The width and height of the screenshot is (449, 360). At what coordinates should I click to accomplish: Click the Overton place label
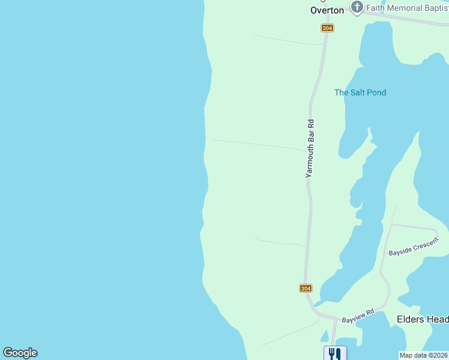tap(327, 10)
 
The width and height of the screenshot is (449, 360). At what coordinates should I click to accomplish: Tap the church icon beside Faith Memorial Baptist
tap(357, 8)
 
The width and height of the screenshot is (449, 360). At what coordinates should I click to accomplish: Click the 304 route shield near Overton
tap(327, 28)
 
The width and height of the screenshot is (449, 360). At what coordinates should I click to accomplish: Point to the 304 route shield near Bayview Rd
tap(306, 289)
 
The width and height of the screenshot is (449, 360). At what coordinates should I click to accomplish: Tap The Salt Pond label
tap(360, 92)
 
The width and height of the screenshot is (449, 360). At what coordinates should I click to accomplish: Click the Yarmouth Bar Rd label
tap(310, 148)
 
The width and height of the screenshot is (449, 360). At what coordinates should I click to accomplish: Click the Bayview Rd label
tap(358, 316)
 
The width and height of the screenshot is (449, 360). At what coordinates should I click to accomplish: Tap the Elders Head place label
tap(423, 319)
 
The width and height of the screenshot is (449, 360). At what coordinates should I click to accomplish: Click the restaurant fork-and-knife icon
tap(335, 353)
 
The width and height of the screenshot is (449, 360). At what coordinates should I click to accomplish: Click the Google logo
tap(20, 353)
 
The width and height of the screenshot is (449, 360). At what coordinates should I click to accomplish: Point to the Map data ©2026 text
tap(424, 355)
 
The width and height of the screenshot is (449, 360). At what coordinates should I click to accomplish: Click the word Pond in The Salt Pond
tap(376, 92)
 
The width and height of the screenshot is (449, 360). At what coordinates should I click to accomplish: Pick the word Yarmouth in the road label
tap(310, 160)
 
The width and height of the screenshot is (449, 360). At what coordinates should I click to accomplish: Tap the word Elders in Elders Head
tap(410, 319)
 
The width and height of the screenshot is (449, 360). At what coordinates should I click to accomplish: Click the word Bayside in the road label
tap(400, 251)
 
